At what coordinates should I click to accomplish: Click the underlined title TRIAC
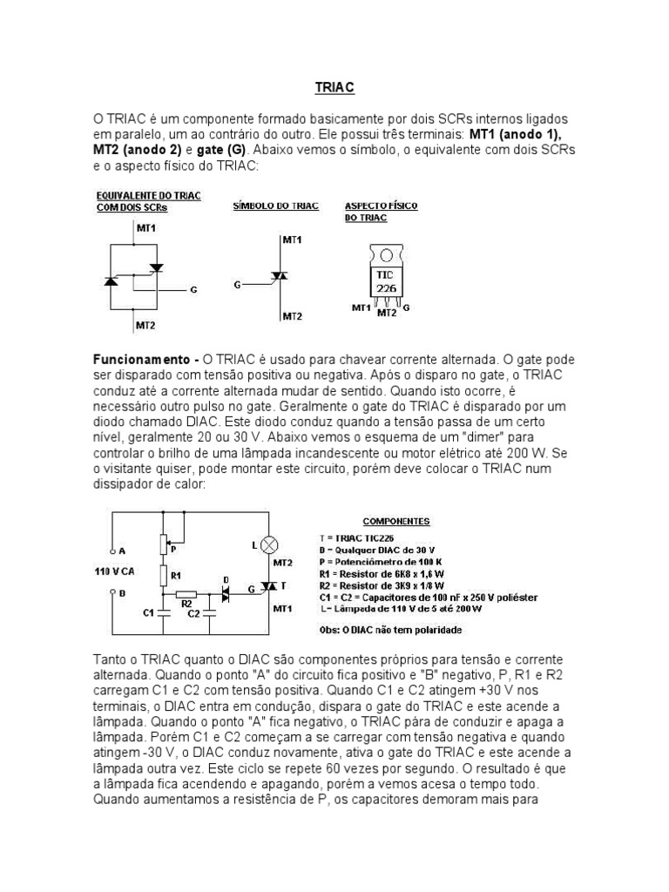(x=334, y=88)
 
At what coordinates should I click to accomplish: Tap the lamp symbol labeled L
(x=269, y=545)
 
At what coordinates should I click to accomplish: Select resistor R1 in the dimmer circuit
(x=163, y=576)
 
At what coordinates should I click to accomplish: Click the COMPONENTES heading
(x=397, y=521)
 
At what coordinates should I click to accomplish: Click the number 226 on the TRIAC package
(x=385, y=287)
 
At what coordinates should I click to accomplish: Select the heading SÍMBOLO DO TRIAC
(x=275, y=206)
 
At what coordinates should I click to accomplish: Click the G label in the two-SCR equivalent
(x=193, y=288)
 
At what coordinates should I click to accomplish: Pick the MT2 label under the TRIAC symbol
(x=293, y=316)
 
